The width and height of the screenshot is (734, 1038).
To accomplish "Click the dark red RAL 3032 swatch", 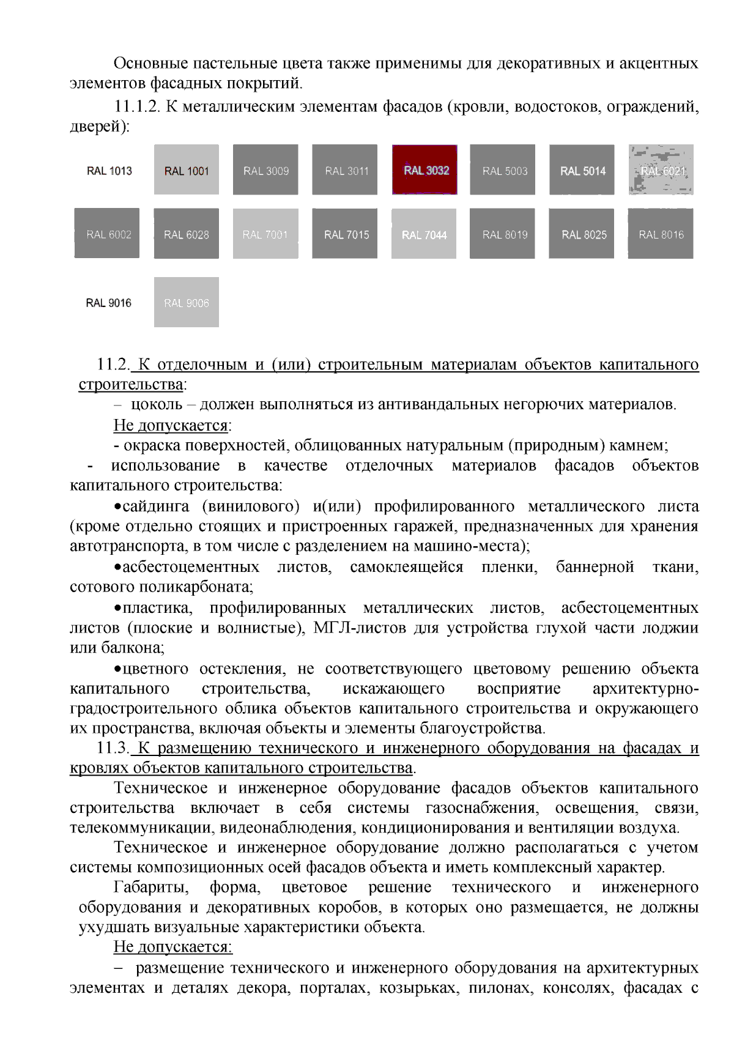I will [x=424, y=170].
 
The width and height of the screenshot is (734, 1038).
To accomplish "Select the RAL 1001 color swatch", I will [x=187, y=170].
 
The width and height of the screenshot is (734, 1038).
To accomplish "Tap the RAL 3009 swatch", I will [x=265, y=170].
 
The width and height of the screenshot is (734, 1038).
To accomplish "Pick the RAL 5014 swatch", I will [x=582, y=170].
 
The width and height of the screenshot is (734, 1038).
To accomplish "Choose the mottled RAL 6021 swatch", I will [x=661, y=170].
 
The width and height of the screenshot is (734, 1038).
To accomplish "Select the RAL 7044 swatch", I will [x=424, y=234].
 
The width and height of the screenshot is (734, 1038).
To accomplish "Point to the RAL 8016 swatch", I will [x=661, y=234].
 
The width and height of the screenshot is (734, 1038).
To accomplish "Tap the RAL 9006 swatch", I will [x=187, y=302].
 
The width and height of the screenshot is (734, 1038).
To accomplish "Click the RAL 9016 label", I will [x=108, y=303].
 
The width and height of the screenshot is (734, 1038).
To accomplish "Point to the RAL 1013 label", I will [x=109, y=171].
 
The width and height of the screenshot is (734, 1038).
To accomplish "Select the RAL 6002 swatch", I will [x=107, y=234].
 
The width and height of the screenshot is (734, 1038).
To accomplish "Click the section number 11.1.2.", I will [x=136, y=107].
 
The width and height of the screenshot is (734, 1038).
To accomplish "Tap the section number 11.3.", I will [x=113, y=748].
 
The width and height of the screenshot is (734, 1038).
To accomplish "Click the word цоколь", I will [x=157, y=405].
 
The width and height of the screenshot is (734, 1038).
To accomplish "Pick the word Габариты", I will [x=150, y=888].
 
